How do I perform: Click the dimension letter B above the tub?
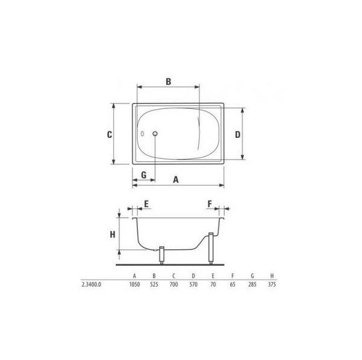coord(168,81)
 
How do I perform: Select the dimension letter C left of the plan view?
coord(110,134)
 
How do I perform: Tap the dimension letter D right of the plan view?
coord(237,134)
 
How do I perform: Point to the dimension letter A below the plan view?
coord(176,179)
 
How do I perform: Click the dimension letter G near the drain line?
coord(143,175)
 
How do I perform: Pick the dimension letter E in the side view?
coord(146,204)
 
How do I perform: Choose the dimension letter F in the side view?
coord(210,204)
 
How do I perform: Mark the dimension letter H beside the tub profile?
coord(113,235)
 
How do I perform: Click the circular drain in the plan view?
coord(155,134)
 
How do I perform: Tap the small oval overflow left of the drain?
coord(142,134)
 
